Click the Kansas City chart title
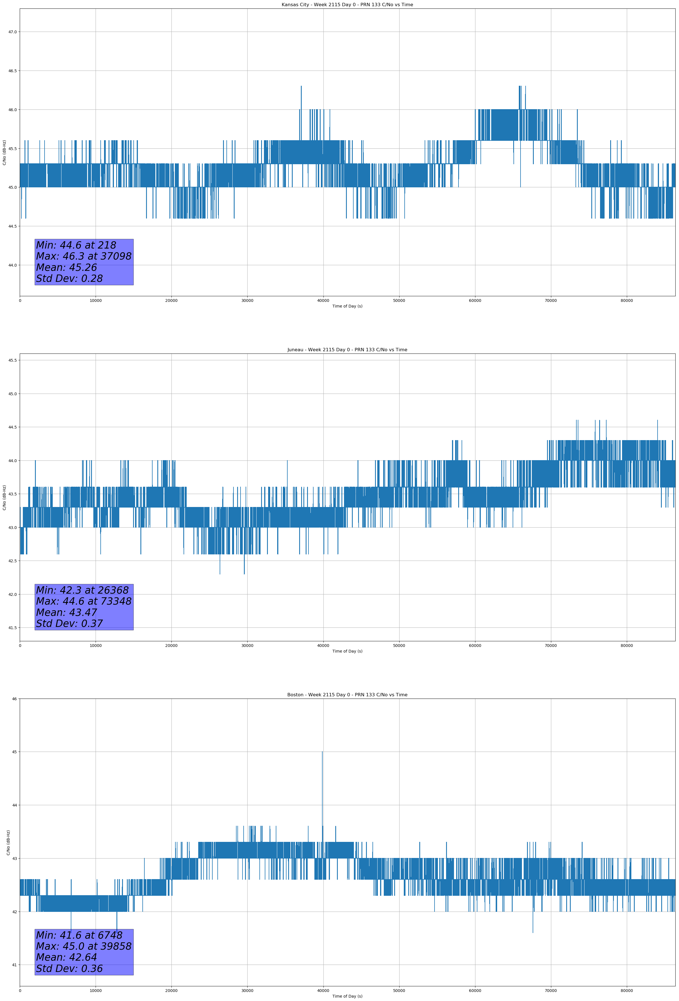(347, 5)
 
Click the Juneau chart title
(347, 350)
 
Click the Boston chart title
(347, 695)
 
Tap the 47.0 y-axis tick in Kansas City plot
(12, 32)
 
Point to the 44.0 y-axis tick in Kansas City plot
(12, 265)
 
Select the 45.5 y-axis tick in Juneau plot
(12, 360)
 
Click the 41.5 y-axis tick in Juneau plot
(12, 627)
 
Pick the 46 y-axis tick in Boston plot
(15, 699)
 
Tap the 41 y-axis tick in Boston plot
(15, 965)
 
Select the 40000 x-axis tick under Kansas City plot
(323, 301)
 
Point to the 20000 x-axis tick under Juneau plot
(171, 646)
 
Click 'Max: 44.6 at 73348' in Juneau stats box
(83, 601)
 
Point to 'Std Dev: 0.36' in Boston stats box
(69, 969)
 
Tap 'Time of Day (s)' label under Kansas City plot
(347, 306)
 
